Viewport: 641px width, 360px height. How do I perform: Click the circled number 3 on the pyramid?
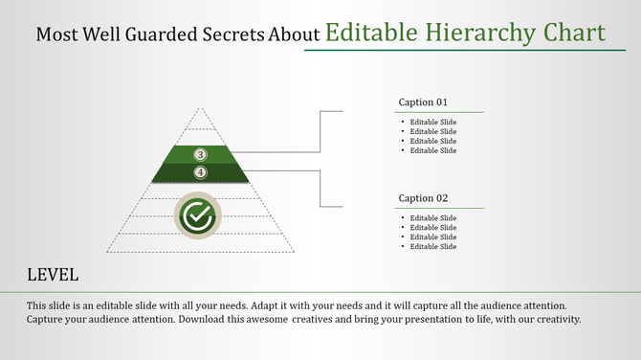[200, 154]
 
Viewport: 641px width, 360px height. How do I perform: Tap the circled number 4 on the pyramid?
[200, 172]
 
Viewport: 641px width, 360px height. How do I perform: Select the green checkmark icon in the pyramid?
[197, 216]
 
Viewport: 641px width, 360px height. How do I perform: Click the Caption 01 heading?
[423, 101]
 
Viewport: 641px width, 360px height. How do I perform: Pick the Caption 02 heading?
[423, 198]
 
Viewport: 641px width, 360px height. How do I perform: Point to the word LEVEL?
[53, 275]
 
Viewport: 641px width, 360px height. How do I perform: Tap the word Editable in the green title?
[367, 34]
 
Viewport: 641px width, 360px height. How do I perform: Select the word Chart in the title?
[574, 34]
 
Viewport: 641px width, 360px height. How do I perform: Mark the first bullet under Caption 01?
[433, 123]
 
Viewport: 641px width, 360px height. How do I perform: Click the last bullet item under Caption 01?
[433, 150]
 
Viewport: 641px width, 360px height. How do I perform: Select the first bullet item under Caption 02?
[433, 218]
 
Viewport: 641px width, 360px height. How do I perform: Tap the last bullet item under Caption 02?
[433, 247]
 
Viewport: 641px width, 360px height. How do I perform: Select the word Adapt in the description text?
[267, 305]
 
